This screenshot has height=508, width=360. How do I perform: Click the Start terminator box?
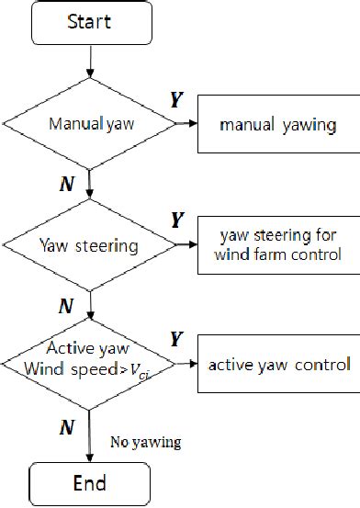point(90,23)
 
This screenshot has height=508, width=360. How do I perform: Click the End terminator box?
point(90,483)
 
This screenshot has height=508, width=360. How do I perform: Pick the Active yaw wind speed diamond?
point(90,365)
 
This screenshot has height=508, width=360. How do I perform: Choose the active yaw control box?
point(278,365)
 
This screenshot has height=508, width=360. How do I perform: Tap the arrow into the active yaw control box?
point(186,365)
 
